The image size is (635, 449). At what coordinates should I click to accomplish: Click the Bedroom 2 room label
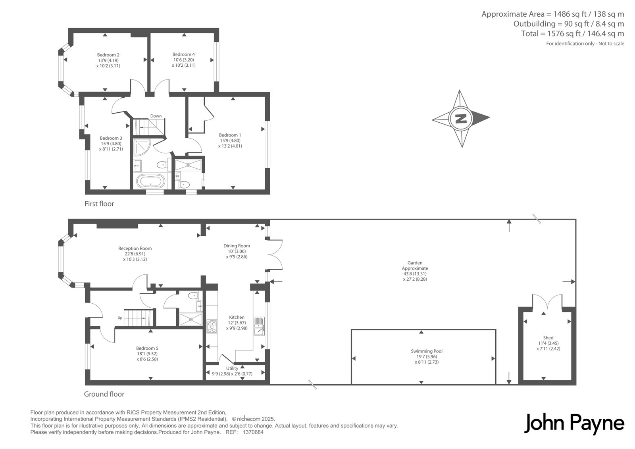(108, 55)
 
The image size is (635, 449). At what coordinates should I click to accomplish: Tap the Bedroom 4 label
(183, 54)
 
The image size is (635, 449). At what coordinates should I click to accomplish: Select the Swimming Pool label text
(427, 351)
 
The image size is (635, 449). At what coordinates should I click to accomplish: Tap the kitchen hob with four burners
(212, 326)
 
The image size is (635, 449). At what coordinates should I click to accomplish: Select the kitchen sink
(259, 326)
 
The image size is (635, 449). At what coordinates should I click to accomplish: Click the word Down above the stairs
(156, 116)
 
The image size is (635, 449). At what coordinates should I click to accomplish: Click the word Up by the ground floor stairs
(120, 318)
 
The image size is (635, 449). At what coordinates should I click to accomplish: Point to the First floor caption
(99, 204)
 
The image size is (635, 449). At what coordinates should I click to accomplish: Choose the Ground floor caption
(104, 394)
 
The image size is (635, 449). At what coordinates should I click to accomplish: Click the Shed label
(548, 338)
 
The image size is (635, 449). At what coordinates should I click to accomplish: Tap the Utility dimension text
(232, 374)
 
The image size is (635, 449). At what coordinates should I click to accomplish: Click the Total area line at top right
(573, 34)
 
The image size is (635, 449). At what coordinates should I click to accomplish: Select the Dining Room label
(237, 246)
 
